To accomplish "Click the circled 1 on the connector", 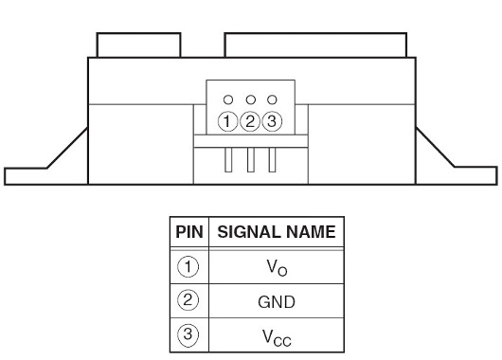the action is click(x=227, y=121).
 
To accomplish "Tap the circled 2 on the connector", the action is click(x=250, y=121).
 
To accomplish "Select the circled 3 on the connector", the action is click(x=272, y=121).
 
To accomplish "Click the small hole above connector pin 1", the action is click(x=228, y=99).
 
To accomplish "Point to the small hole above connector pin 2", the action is click(x=251, y=99).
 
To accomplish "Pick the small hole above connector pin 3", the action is click(x=272, y=99).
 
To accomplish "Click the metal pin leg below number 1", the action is click(x=228, y=160).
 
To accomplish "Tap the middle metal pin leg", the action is click(x=251, y=160).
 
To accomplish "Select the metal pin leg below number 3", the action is click(x=272, y=160).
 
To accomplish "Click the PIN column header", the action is click(x=189, y=232).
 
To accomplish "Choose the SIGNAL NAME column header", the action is click(x=277, y=232).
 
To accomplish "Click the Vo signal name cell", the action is click(x=277, y=267).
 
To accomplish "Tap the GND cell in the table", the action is click(x=277, y=301).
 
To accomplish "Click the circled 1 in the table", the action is click(x=188, y=267).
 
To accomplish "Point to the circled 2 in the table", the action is click(x=188, y=300).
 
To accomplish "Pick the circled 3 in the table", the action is click(x=188, y=335).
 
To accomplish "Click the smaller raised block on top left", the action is click(x=138, y=45).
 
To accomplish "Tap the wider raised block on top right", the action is click(x=315, y=45).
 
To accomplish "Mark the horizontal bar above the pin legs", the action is click(x=251, y=141).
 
